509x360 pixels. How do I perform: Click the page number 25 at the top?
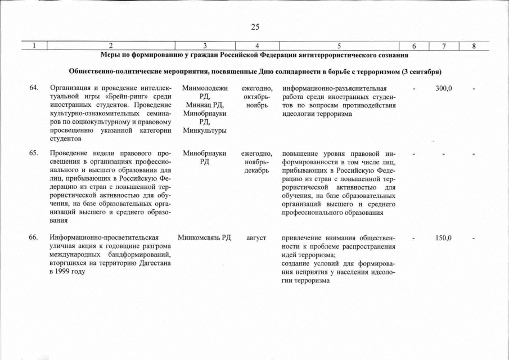tap(255, 26)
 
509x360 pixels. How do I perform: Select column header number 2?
tap(111, 46)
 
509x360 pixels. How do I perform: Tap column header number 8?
tap(474, 46)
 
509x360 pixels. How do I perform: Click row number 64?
tap(34, 88)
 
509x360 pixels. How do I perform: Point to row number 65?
tap(34, 154)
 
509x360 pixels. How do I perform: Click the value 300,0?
tap(444, 88)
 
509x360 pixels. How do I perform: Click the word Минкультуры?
tap(205, 130)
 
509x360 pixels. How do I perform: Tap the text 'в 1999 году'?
tap(68, 272)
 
